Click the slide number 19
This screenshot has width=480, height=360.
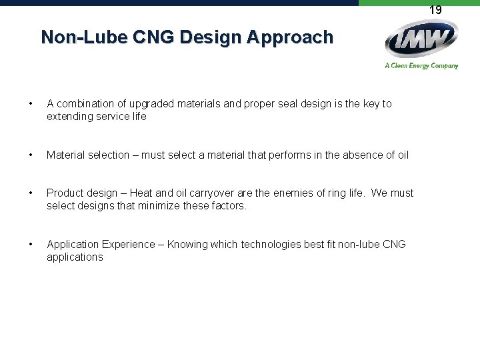click(x=435, y=10)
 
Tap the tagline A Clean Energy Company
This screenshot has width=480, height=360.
click(x=421, y=65)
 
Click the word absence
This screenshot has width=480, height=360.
click(x=365, y=155)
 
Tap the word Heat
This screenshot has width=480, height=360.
click(x=141, y=193)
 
